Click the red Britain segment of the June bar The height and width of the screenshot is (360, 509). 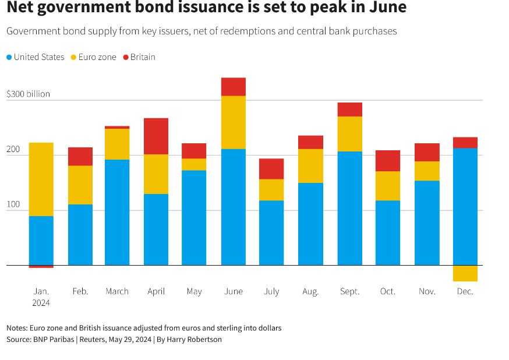233,87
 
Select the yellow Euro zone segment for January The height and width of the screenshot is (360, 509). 41,179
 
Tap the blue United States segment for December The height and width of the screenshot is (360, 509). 465,207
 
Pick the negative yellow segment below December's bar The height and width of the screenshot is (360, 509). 465,273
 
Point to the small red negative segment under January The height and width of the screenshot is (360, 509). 41,267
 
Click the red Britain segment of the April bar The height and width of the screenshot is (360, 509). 156,136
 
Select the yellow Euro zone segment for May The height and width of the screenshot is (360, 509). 194,164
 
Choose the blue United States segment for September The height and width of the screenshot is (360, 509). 350,209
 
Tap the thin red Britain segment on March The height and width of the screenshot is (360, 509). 117,127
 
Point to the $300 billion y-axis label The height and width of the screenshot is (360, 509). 28,94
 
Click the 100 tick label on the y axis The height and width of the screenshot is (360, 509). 13,205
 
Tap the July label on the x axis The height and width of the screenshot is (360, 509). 271,291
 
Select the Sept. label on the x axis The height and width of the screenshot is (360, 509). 350,291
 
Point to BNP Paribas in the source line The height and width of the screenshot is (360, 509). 56,339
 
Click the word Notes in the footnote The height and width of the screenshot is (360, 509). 17,328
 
